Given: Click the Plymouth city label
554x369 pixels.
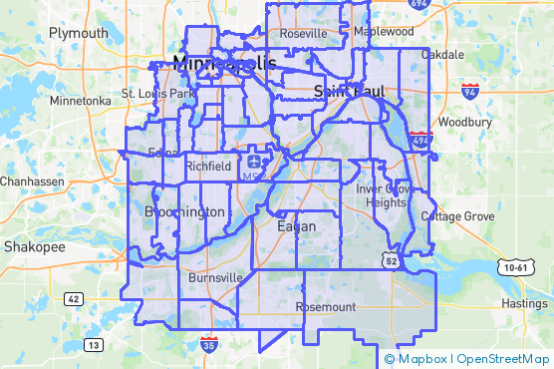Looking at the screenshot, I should click(78, 33).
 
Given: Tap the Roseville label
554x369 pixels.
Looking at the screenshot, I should click(304, 33).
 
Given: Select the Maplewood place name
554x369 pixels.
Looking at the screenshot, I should click(385, 32).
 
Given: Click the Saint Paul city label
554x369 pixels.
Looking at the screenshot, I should click(342, 91).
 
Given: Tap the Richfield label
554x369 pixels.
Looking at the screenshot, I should click(209, 165).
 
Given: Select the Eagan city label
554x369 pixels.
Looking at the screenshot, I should click(295, 226).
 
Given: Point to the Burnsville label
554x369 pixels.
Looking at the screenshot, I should click(215, 276).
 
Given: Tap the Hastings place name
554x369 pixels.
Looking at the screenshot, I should click(524, 302).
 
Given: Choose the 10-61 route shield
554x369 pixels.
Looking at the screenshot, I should click(515, 266).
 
